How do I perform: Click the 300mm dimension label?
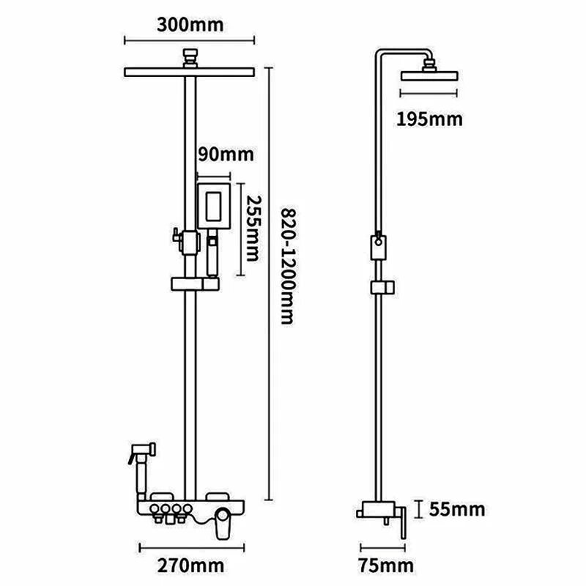pos(190,25)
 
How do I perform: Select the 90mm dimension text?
pos(226,155)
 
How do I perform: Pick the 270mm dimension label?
pos(193,565)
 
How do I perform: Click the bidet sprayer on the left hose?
pos(139,453)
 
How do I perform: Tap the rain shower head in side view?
pos(430,75)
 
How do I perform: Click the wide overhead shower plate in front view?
pos(190,72)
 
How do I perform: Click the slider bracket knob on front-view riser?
pos(176,237)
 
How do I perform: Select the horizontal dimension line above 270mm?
pos(193,545)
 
